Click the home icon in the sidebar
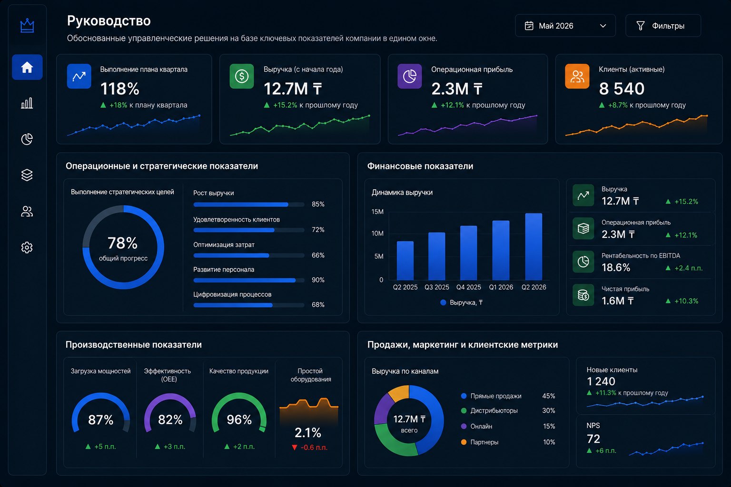[27, 67]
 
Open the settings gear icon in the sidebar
[27, 248]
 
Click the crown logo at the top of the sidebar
[27, 25]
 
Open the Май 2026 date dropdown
[565, 26]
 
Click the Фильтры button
[663, 26]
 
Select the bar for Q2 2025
[405, 260]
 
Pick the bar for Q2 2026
[533, 247]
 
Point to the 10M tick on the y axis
[377, 234]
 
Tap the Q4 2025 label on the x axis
[469, 287]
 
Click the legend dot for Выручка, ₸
[443, 302]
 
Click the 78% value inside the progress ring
[123, 243]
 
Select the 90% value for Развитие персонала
[318, 280]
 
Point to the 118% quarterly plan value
[120, 89]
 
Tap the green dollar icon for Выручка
[241, 76]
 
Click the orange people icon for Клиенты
[577, 76]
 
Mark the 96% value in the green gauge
[239, 419]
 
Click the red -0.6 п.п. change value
[314, 447]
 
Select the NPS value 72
[593, 438]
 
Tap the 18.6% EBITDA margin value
[616, 267]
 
